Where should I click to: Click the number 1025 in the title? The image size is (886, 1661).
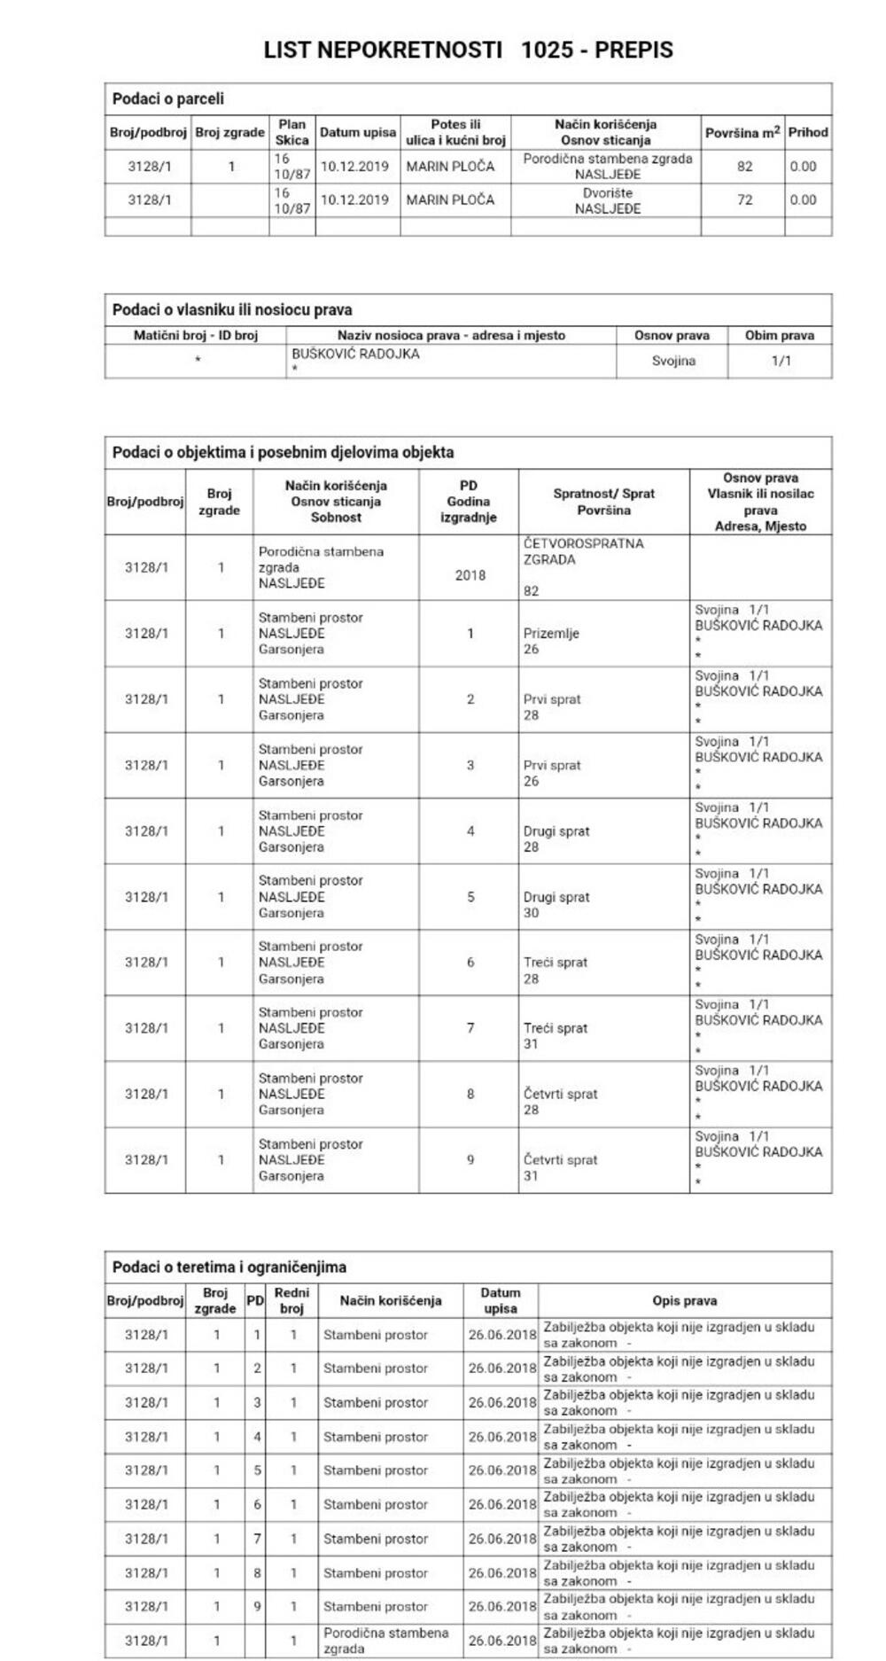[547, 51]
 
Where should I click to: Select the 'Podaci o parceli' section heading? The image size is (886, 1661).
[167, 98]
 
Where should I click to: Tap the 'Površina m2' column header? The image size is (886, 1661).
[742, 132]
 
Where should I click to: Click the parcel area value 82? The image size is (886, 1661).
[744, 166]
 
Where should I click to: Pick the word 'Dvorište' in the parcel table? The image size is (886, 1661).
[607, 192]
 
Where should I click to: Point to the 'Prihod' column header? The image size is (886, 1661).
[807, 132]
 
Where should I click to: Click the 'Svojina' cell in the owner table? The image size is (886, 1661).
[672, 361]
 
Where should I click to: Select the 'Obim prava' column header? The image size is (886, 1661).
[780, 335]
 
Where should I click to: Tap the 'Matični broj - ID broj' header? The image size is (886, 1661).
[195, 335]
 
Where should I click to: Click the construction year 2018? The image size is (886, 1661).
[470, 575]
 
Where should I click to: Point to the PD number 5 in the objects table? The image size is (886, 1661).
[470, 897]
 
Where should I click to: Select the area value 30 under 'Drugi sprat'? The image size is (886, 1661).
[531, 913]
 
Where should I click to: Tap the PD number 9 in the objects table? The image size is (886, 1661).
[470, 1159]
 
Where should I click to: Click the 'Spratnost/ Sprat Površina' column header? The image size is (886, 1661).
[603, 502]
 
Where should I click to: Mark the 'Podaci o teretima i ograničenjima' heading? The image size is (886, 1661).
[229, 1267]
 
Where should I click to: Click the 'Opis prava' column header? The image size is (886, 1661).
[684, 1300]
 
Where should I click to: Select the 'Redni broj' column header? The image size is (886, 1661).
[291, 1300]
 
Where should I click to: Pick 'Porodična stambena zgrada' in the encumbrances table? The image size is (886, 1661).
[385, 1641]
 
